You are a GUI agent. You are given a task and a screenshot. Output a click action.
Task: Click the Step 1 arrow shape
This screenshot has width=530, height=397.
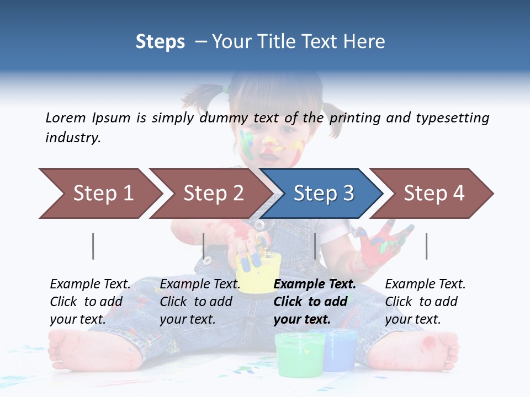tap(99, 194)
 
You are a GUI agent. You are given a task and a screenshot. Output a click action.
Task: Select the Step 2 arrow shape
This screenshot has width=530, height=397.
tap(210, 194)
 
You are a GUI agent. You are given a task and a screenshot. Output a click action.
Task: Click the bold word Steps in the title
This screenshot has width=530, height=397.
tap(160, 42)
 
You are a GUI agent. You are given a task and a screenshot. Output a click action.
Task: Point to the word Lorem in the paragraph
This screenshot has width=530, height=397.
tap(66, 117)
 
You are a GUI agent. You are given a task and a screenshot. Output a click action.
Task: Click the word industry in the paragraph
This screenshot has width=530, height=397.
tap(72, 138)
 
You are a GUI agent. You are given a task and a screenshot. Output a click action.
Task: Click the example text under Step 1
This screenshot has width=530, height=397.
tap(90, 302)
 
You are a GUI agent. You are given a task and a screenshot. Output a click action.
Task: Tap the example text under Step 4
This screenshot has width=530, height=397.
tap(425, 302)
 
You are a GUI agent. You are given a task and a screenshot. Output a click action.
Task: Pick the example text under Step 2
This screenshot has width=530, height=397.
tap(200, 302)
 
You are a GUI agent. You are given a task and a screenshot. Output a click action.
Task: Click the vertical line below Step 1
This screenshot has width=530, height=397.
tap(93, 246)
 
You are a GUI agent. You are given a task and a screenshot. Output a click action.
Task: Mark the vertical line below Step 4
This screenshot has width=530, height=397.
tap(426, 246)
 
